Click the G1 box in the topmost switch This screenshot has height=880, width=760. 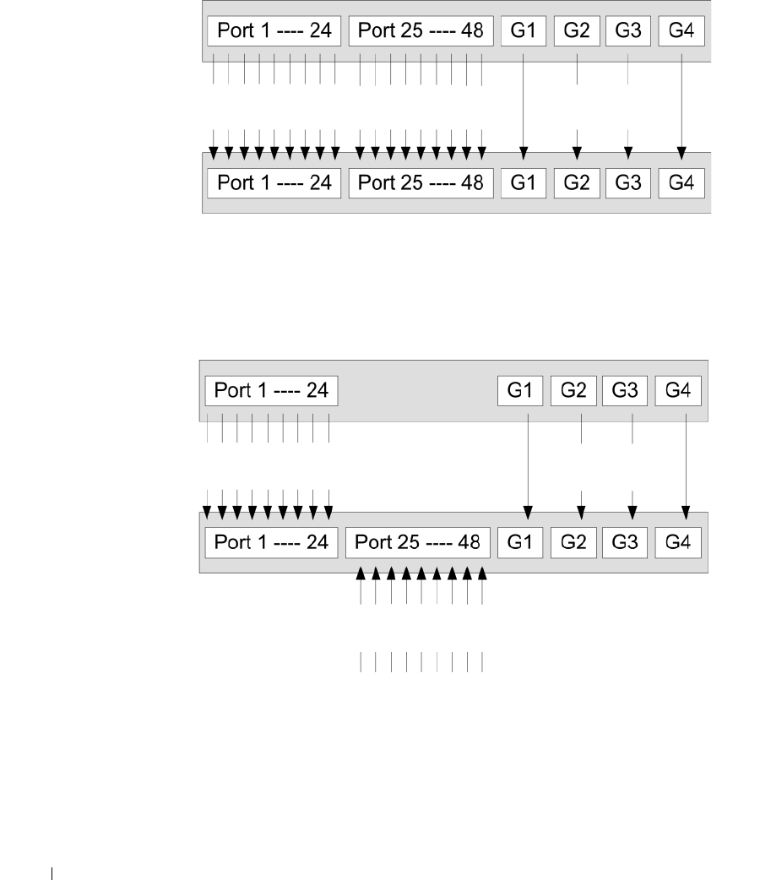tap(524, 32)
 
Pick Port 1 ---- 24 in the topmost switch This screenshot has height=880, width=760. tap(274, 32)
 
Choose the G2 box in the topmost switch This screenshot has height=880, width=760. tap(577, 32)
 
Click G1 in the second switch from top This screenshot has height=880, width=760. tap(524, 182)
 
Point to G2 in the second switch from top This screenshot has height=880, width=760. tap(577, 182)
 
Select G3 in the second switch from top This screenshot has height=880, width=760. tap(628, 182)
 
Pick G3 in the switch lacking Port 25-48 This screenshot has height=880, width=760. tap(626, 391)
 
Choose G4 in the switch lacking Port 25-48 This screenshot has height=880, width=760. tap(678, 391)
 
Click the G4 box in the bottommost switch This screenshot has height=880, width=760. tap(678, 541)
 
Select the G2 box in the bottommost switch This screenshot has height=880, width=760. tap(573, 541)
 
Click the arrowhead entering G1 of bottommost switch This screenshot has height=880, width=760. tap(528, 512)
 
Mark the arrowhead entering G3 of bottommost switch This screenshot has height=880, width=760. tap(633, 512)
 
